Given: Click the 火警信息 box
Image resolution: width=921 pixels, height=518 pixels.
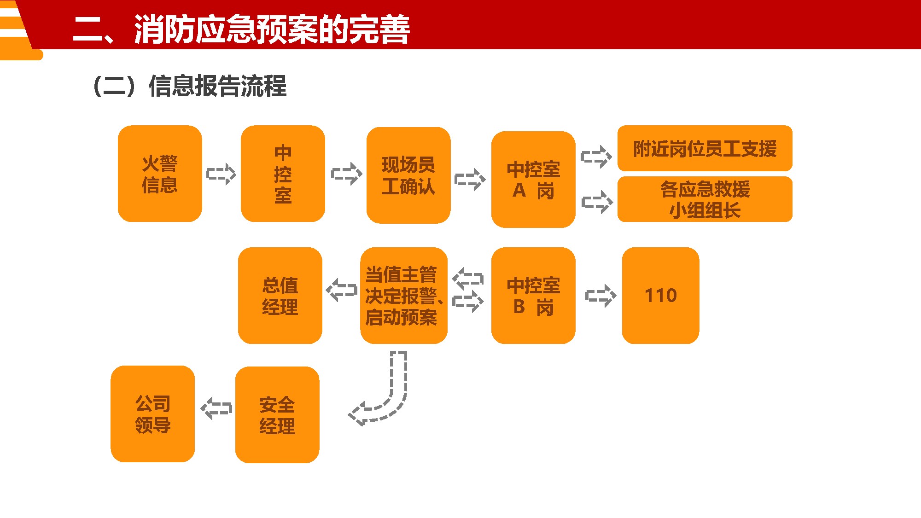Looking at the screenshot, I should pyautogui.click(x=160, y=174).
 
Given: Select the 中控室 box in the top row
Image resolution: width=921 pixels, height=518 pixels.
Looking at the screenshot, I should pyautogui.click(x=283, y=174).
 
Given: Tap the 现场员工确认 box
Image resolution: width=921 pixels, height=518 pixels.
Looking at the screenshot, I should pyautogui.click(x=408, y=175).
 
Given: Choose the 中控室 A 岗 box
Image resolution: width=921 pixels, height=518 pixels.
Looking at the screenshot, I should pyautogui.click(x=533, y=180).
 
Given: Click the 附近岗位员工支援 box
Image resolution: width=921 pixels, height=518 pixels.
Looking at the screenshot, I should pyautogui.click(x=705, y=148).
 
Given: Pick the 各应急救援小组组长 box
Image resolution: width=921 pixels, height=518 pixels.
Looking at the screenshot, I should pyautogui.click(x=705, y=199).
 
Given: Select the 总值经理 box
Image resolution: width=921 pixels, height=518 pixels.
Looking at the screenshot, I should pyautogui.click(x=280, y=296).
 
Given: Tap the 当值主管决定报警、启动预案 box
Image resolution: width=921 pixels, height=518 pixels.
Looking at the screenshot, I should pyautogui.click(x=403, y=296).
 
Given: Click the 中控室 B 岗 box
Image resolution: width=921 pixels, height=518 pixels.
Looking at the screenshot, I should pyautogui.click(x=533, y=296).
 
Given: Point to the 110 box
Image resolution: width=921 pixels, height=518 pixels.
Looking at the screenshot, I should pyautogui.click(x=660, y=296).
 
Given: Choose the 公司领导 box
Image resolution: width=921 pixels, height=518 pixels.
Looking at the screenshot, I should pyautogui.click(x=152, y=414).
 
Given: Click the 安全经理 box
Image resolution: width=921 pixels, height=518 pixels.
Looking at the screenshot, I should pyautogui.click(x=277, y=415).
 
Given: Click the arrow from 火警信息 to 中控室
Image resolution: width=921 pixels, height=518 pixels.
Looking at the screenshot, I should pyautogui.click(x=221, y=174).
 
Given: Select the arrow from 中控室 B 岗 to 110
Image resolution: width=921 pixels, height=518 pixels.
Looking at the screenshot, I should pyautogui.click(x=600, y=296).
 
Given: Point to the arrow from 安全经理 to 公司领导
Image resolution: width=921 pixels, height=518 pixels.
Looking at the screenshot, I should pyautogui.click(x=216, y=408).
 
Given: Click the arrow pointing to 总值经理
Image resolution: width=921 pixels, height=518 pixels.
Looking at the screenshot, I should pyautogui.click(x=341, y=290).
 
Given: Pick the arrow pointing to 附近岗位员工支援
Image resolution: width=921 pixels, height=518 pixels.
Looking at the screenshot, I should pyautogui.click(x=596, y=157).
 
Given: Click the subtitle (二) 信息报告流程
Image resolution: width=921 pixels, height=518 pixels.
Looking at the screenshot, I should pyautogui.click(x=189, y=86).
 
